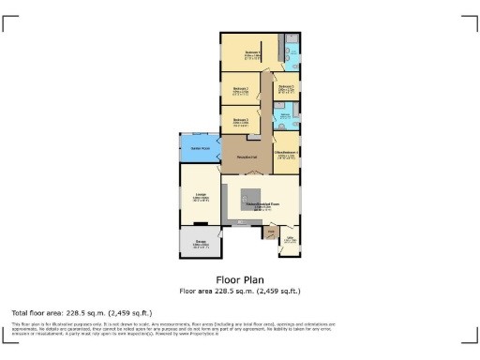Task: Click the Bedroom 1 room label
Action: point(252,53)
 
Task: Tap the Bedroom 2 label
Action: point(240,90)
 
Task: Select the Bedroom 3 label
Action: point(240,121)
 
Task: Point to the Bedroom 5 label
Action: point(286,87)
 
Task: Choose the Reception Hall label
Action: point(247,156)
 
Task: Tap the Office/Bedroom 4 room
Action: point(286,154)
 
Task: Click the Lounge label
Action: point(200,198)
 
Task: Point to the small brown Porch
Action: point(272,232)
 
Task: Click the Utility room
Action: point(291,241)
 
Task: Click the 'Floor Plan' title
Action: point(240,279)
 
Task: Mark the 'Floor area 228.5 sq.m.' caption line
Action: point(240,291)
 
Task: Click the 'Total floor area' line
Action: point(82,312)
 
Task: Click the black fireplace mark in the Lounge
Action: point(200,223)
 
